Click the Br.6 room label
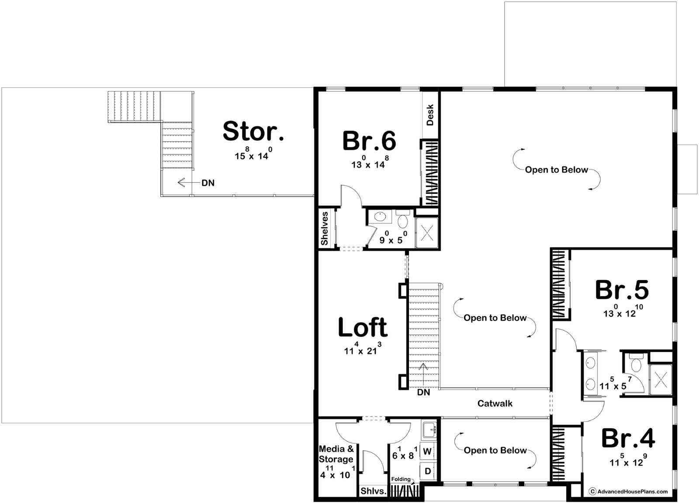pos(369,141)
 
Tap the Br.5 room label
pos(622,290)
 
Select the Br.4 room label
pos(628,438)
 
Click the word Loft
pos(363,327)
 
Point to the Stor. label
pos(253,131)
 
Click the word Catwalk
pos(495,403)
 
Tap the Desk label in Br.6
pos(430,115)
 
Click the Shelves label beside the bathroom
pos(325,229)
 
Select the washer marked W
pos(427,451)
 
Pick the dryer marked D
pos(428,471)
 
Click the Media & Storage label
pos(336,454)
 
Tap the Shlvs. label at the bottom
pos(374,491)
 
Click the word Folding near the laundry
pos(401,479)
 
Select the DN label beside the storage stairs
pos(208,183)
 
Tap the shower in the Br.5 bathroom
pos(661,380)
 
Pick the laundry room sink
pos(429,430)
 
